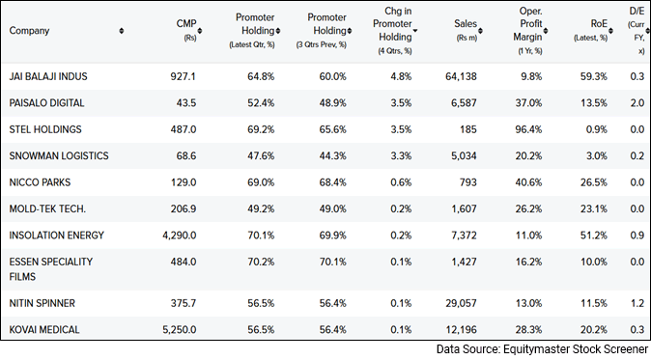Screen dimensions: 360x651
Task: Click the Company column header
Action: (30, 31)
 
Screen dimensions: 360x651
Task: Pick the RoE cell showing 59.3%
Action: (591, 76)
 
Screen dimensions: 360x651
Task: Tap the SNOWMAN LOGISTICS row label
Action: (59, 155)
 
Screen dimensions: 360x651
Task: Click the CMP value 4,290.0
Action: (175, 235)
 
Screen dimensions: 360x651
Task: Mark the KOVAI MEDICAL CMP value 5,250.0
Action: (175, 329)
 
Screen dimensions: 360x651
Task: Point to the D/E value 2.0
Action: (637, 102)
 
